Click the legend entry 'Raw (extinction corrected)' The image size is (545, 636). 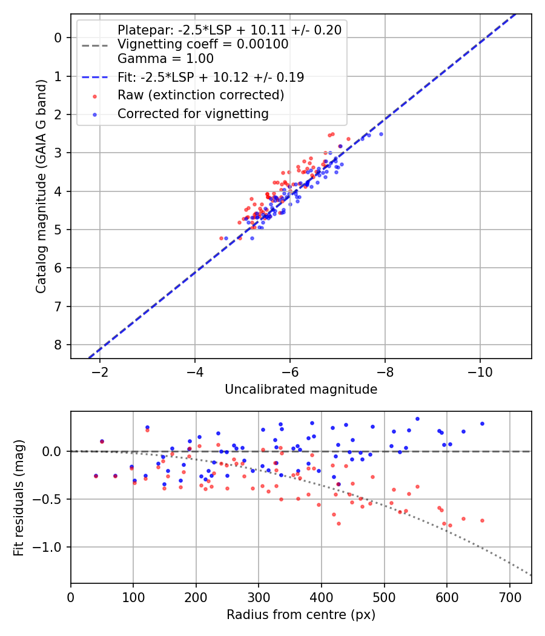click(x=200, y=95)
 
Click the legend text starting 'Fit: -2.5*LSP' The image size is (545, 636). click(x=210, y=77)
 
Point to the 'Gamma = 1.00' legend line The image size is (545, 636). click(x=165, y=59)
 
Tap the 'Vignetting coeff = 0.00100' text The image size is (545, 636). click(x=203, y=44)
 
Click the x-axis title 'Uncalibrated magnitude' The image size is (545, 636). click(x=301, y=389)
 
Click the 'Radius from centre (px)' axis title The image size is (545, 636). click(x=301, y=615)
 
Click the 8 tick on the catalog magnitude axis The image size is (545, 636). click(x=58, y=345)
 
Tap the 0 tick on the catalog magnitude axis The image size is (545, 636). click(x=58, y=38)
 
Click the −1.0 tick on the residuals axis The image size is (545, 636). click(x=50, y=547)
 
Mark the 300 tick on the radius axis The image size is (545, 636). click(x=259, y=594)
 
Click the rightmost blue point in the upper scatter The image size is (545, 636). click(x=381, y=134)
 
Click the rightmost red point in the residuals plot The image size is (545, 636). click(x=482, y=520)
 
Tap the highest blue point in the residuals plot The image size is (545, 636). click(x=417, y=419)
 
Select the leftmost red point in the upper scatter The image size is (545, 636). click(x=221, y=238)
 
